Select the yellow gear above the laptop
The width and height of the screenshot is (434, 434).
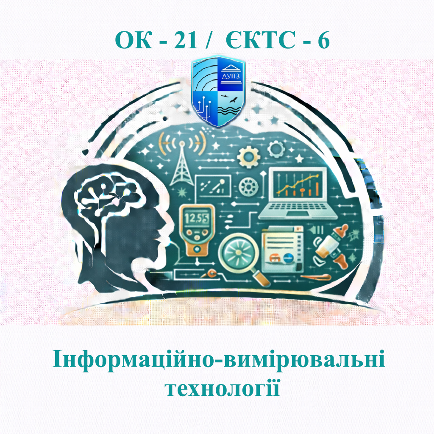(247, 157)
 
